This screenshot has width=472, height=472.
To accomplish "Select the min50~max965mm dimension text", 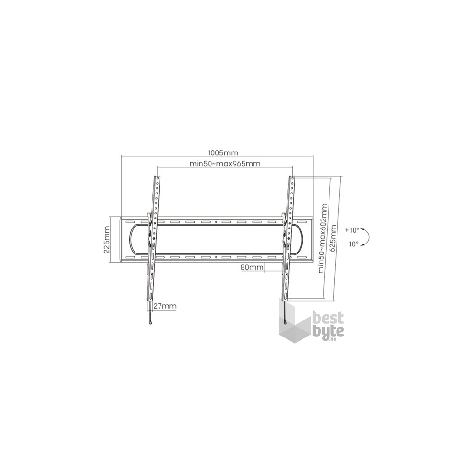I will (x=225, y=164).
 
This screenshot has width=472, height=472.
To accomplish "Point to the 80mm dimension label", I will (x=252, y=267).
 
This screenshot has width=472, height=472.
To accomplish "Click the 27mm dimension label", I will (x=165, y=306).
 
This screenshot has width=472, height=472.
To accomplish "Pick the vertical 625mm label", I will (x=334, y=239).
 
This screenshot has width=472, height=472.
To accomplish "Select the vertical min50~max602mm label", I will (x=323, y=238).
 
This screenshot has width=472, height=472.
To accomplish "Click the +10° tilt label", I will (x=352, y=230).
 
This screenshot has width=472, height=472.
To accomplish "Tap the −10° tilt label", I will (x=352, y=244).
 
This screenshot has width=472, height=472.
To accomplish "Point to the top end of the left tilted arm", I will (x=157, y=177).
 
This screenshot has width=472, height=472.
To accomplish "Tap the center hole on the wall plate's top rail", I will (x=216, y=221).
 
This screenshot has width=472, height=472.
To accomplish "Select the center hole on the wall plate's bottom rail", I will (x=216, y=257).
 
